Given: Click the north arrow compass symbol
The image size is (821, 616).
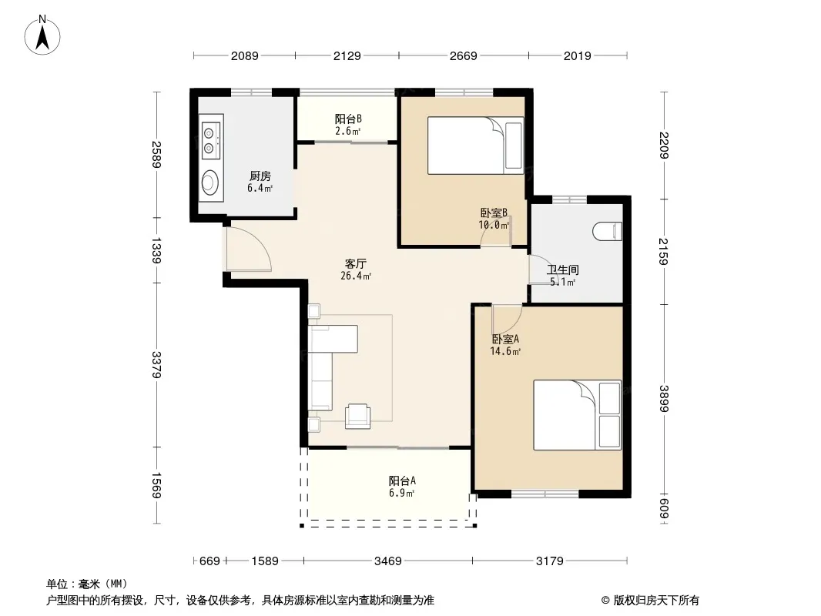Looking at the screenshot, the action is click(x=42, y=35).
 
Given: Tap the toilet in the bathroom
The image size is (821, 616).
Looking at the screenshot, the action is click(x=608, y=231).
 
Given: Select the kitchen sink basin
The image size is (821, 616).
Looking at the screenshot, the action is click(x=209, y=182).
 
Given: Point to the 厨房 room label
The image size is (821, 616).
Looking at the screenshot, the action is click(x=260, y=176).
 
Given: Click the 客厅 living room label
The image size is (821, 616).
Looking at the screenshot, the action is click(x=356, y=264).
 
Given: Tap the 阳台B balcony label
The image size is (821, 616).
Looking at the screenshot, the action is click(x=348, y=119).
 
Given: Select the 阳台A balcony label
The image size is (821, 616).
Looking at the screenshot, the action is click(x=402, y=480).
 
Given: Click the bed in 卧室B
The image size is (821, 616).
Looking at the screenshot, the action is click(x=475, y=145).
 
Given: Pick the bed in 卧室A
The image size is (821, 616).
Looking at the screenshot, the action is click(x=577, y=415).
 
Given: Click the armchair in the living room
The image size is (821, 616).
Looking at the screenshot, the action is click(x=357, y=416).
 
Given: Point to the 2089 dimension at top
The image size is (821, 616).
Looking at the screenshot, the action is click(x=244, y=55).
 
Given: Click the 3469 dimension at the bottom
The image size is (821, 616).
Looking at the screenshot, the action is click(x=387, y=561).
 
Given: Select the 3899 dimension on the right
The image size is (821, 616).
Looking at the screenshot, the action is click(x=664, y=398).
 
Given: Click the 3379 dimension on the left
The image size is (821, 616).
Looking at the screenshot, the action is click(x=156, y=365).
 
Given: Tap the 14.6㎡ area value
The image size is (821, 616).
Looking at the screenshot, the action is click(x=505, y=351).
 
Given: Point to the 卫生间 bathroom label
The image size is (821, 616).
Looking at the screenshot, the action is click(x=563, y=270).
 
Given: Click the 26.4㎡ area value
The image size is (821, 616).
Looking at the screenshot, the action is click(x=356, y=276).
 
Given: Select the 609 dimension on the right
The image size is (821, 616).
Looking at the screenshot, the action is click(x=664, y=508).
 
